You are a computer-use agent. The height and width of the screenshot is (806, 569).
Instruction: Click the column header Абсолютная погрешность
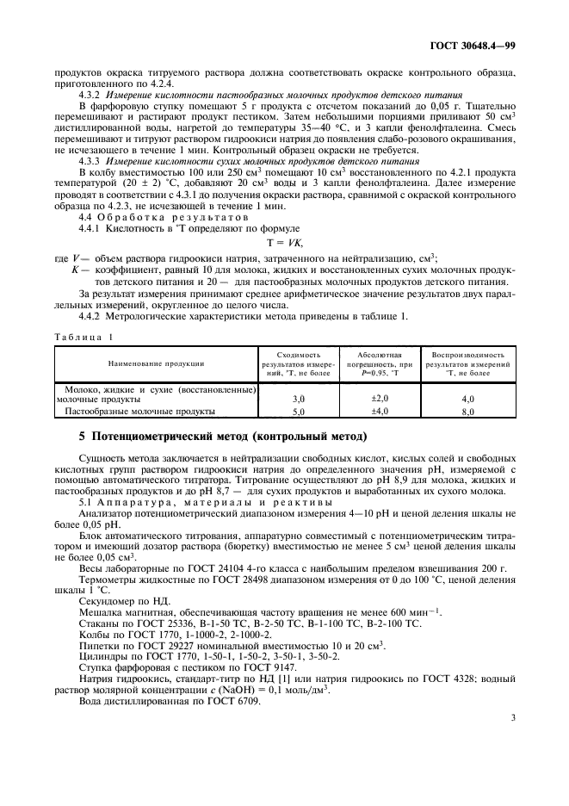pyautogui.click(x=380, y=359)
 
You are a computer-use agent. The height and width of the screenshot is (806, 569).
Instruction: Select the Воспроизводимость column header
pyautogui.click(x=469, y=359)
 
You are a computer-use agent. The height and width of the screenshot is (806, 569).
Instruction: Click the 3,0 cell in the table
pyautogui.click(x=300, y=400)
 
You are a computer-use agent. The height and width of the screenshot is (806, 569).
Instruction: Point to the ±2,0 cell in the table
pyautogui.click(x=380, y=398)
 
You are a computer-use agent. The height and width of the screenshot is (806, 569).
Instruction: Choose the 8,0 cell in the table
pyautogui.click(x=468, y=412)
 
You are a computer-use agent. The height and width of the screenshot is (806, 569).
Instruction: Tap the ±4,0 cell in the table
pyautogui.click(x=380, y=411)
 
